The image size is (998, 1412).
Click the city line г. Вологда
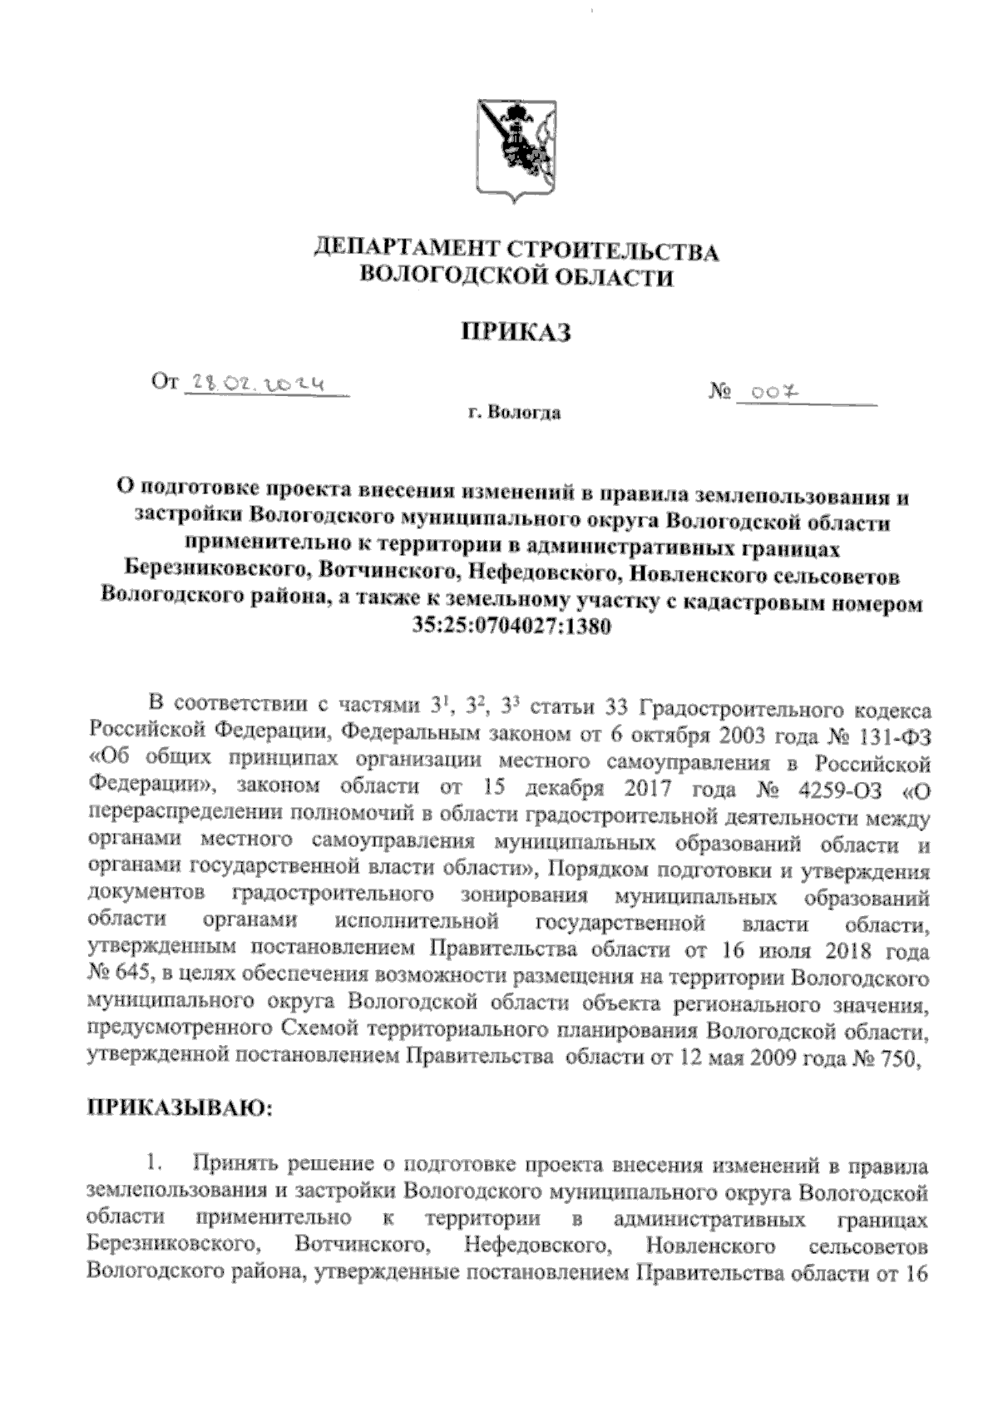point(514,414)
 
